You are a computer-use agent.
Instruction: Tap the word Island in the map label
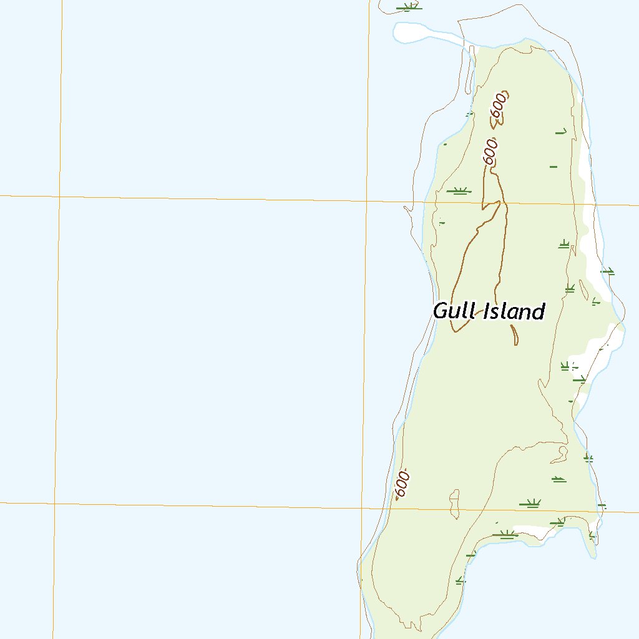click(x=515, y=311)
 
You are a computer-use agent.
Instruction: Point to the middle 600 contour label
click(x=491, y=152)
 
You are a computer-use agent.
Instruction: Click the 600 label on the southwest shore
click(x=402, y=484)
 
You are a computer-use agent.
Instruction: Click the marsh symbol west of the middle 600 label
click(x=459, y=190)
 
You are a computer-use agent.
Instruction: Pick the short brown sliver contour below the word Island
click(x=514, y=334)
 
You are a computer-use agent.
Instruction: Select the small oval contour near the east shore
click(x=583, y=289)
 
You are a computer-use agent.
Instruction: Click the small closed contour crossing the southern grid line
click(x=455, y=504)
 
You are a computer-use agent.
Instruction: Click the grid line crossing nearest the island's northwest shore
click(x=367, y=201)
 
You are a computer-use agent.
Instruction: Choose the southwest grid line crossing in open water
click(x=54, y=503)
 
